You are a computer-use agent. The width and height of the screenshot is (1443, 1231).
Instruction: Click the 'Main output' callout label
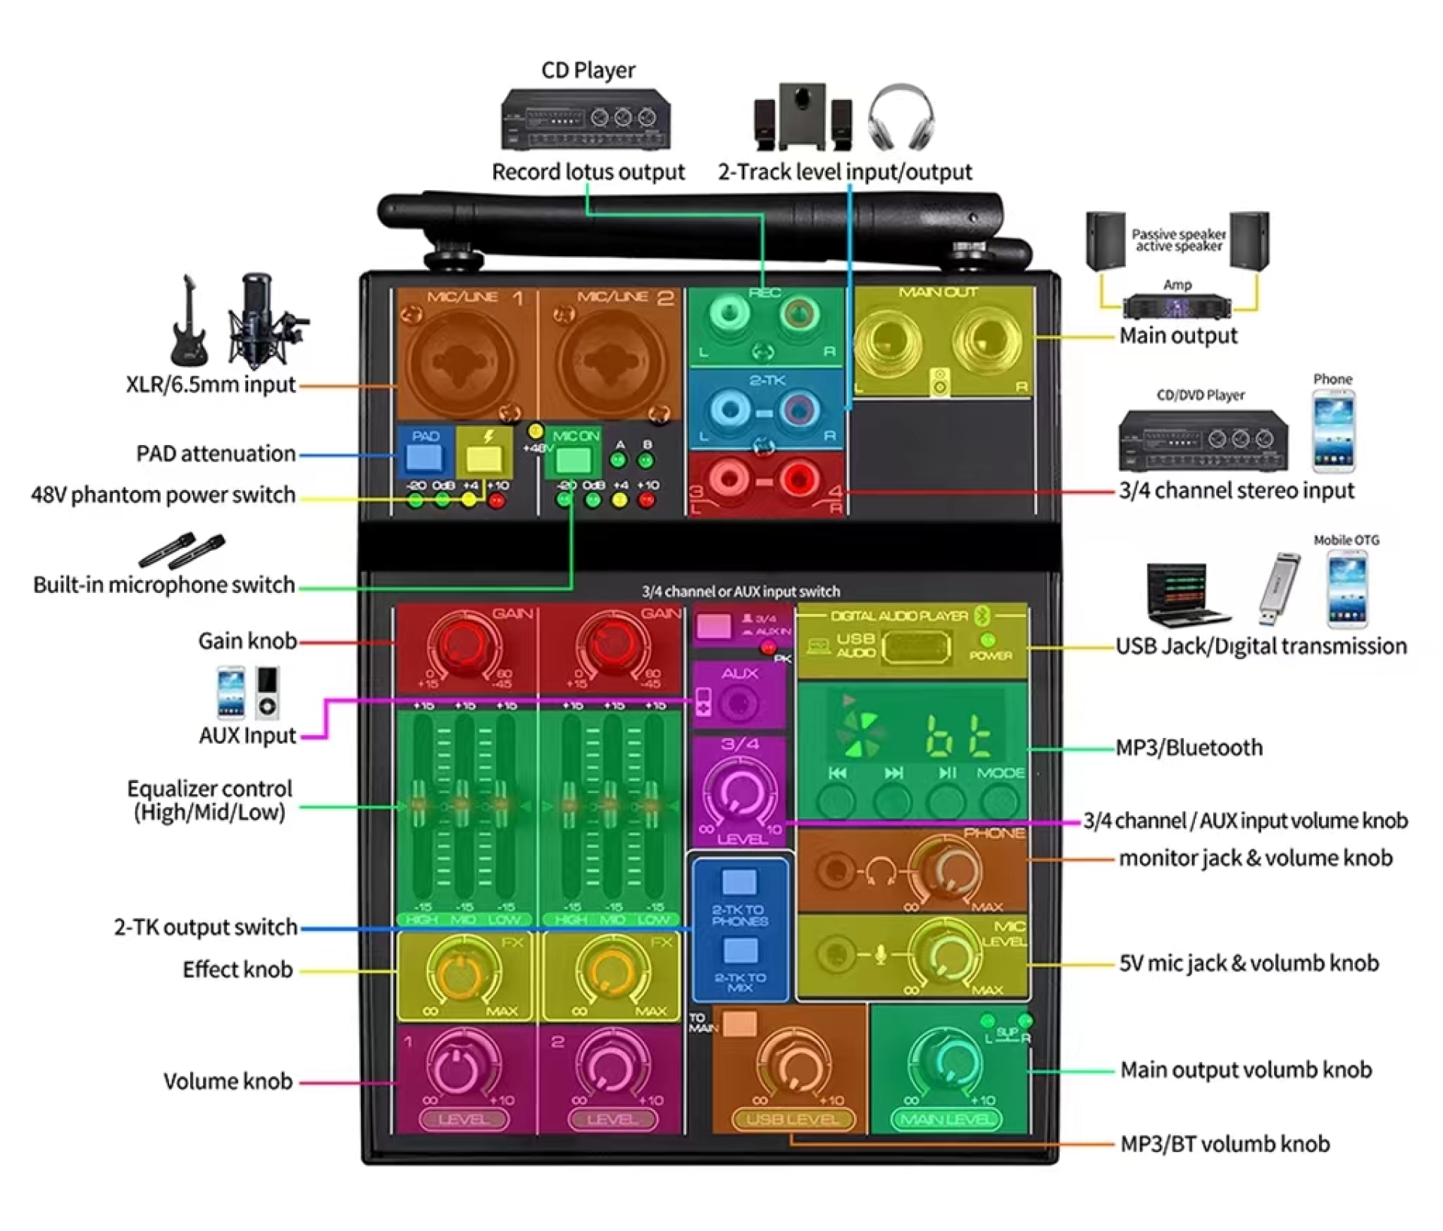(1178, 336)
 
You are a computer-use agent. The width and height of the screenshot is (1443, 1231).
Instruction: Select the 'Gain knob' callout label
(247, 641)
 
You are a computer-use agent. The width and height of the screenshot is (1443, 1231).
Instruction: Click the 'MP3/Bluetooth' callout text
(1189, 748)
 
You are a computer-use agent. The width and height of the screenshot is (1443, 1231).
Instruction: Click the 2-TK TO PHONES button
(740, 882)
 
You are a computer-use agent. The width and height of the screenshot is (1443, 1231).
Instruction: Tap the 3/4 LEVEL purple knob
(740, 793)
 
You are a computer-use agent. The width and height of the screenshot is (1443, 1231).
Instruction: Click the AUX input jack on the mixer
(738, 704)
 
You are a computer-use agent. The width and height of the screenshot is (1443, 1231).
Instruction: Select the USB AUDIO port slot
(915, 648)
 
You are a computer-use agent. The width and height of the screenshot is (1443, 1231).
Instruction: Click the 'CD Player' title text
(588, 71)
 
